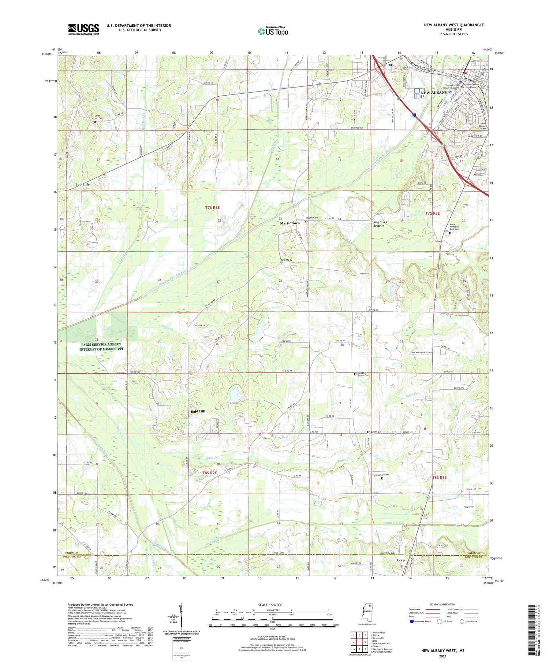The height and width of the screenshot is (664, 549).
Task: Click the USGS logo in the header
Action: point(83,29)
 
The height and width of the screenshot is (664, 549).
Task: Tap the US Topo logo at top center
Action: point(273,31)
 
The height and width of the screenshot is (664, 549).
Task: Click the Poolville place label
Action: point(82,185)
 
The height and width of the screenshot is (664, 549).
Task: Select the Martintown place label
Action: point(290,223)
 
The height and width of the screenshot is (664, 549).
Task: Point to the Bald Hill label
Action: point(198,411)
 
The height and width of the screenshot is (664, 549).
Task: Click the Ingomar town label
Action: point(374,432)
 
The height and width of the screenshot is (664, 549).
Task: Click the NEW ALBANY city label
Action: point(434,93)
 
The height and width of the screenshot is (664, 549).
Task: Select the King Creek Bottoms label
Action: point(380,224)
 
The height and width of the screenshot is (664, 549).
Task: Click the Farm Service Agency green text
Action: point(101,346)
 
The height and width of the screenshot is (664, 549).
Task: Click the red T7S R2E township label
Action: point(212,208)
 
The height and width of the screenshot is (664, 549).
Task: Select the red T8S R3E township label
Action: point(439,478)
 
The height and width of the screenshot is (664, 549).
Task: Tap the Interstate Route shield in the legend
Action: point(412,622)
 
